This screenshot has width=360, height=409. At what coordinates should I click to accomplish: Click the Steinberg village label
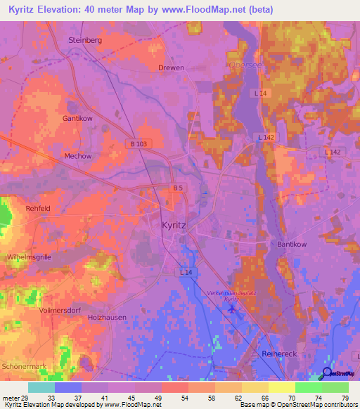[85, 40]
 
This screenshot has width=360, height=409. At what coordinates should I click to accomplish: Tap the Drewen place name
[171, 67]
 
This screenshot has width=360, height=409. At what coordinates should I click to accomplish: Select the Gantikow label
[77, 119]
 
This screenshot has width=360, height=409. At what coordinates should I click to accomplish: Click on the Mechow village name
[78, 156]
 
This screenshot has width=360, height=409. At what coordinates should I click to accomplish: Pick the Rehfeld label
[38, 208]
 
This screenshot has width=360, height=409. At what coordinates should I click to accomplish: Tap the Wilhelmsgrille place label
[28, 257]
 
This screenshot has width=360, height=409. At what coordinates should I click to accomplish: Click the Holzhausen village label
[107, 318]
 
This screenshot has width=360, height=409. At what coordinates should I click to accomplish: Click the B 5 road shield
[179, 188]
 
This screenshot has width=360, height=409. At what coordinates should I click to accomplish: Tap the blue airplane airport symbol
[233, 309]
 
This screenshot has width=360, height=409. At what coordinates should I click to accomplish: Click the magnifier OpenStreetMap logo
[326, 373]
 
